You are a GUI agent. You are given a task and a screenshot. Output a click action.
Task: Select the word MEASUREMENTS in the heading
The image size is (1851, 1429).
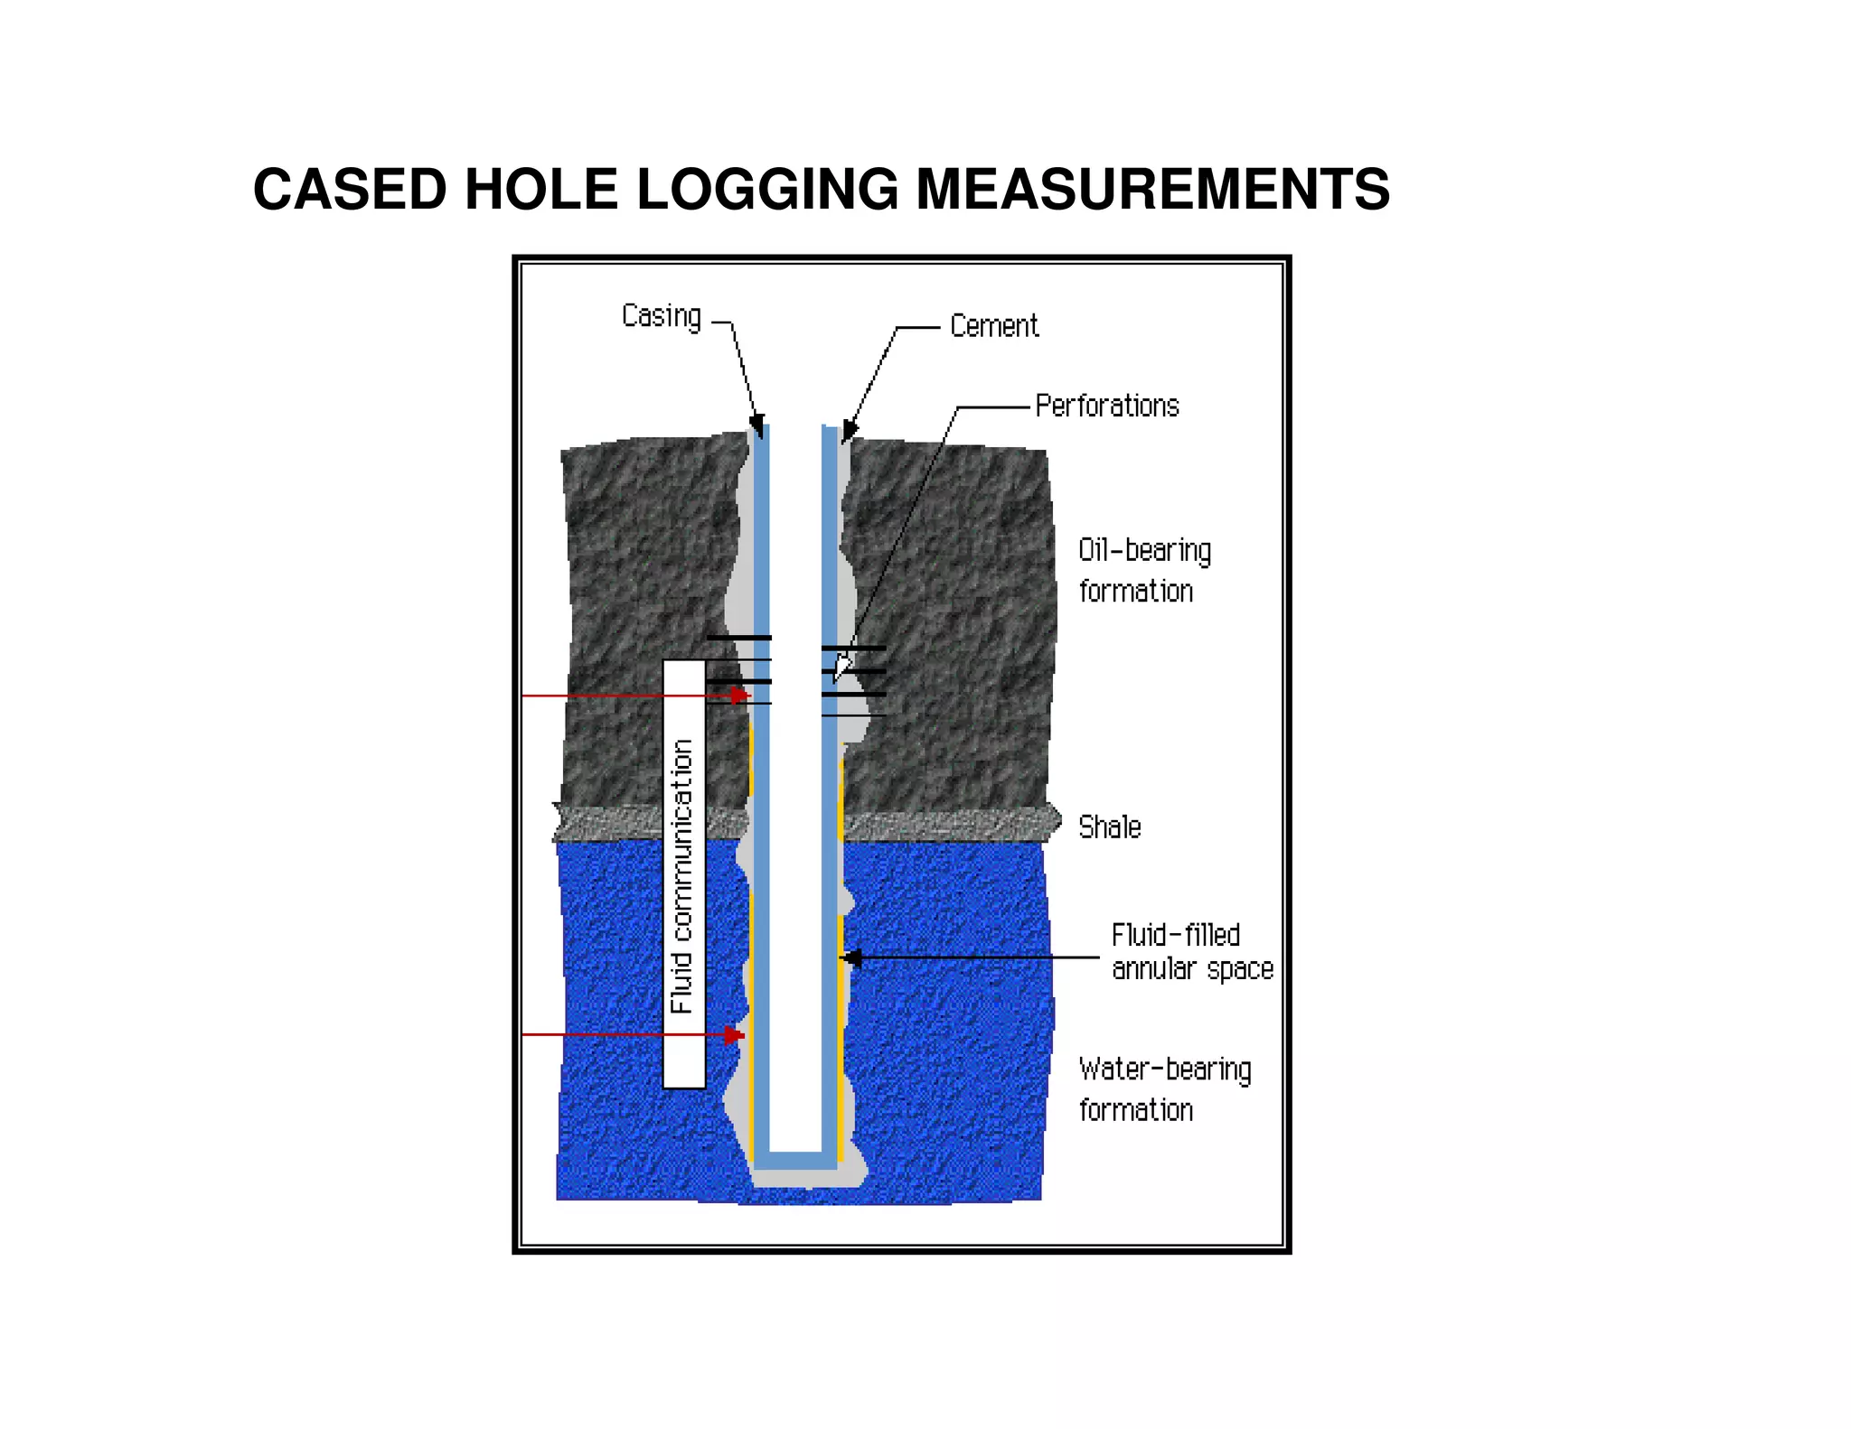point(1152,190)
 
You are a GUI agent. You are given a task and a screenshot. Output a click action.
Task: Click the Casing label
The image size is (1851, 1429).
point(661,317)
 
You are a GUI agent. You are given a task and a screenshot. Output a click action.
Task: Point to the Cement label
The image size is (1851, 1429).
point(994,326)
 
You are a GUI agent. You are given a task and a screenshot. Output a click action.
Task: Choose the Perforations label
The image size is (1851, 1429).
point(1107,406)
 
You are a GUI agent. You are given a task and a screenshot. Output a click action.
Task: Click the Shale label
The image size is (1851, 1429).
point(1110,827)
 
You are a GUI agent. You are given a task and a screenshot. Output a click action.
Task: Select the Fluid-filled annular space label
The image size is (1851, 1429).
point(1191,952)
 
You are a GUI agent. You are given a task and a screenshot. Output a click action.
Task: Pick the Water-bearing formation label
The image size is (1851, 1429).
point(1164,1089)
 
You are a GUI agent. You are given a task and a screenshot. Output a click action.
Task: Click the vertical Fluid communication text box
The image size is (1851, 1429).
point(684,874)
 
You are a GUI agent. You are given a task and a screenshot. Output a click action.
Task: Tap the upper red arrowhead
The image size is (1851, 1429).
point(740,696)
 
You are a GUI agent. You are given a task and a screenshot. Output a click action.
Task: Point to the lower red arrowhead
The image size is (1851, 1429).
point(735,1034)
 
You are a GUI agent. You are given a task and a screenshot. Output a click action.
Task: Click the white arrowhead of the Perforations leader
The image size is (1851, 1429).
point(841,668)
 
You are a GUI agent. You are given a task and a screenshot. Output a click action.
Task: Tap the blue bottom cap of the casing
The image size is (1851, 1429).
point(795,1160)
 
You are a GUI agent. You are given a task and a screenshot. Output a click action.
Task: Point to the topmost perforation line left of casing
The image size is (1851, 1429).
point(738,638)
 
